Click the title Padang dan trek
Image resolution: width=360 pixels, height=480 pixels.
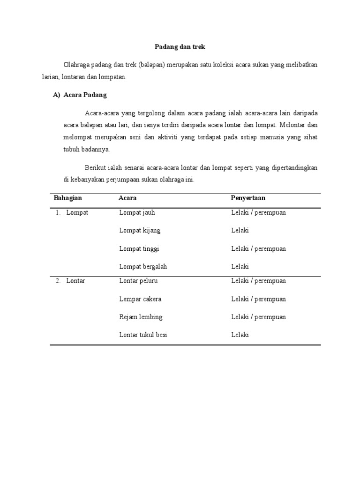point(180,47)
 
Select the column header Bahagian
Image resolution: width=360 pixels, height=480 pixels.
point(68,198)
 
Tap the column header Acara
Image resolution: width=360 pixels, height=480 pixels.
point(127,198)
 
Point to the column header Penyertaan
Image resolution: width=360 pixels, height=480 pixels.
point(248,198)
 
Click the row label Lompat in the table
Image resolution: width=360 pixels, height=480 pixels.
point(77,212)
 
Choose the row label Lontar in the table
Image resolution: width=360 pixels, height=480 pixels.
point(75,281)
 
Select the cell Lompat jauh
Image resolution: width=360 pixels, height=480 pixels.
point(137,212)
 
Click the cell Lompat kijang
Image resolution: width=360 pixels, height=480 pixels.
point(140,231)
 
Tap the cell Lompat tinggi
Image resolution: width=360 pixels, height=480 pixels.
point(139,248)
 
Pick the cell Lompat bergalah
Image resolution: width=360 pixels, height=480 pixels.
point(143,266)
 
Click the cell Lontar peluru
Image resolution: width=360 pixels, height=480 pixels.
point(138,281)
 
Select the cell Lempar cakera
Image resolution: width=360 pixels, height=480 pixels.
point(140,299)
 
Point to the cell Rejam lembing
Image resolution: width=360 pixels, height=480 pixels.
point(141,317)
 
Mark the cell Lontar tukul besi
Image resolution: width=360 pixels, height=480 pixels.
point(143,335)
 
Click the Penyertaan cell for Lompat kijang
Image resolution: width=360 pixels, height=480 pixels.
point(240,231)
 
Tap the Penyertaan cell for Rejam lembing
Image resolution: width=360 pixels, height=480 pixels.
point(258,317)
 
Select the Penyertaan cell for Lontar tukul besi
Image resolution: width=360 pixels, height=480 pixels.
point(240,335)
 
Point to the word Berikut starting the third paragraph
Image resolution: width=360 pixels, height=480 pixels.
point(96,167)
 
